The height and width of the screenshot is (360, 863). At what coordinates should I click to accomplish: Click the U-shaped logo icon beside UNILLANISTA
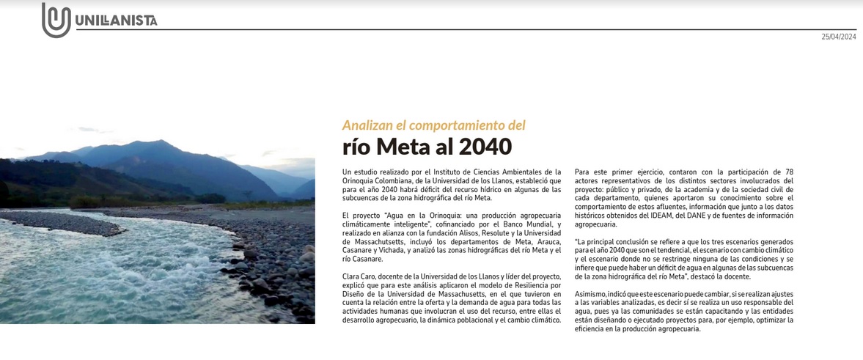click(56, 20)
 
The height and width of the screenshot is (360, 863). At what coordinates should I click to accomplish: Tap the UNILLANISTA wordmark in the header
click(116, 21)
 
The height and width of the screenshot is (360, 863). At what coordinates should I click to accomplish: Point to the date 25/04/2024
click(838, 37)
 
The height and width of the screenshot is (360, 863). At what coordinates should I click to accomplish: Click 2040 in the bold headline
click(485, 147)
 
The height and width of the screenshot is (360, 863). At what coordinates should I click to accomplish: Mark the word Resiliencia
click(520, 285)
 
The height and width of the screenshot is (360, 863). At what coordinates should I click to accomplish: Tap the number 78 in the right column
click(789, 172)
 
